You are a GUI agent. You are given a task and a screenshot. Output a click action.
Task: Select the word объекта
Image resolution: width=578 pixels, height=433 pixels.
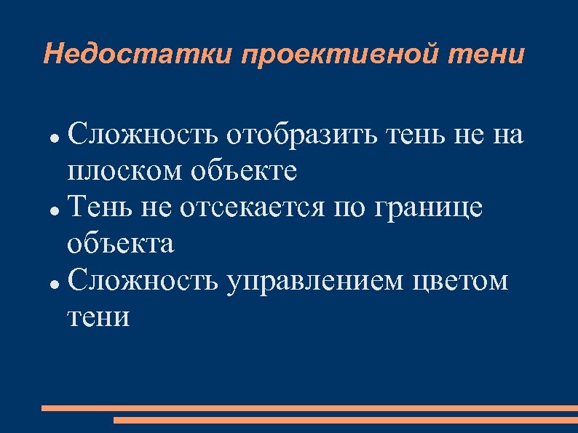coord(121,244)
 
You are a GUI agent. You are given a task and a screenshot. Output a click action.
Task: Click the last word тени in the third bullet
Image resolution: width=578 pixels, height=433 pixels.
coord(99,317)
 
